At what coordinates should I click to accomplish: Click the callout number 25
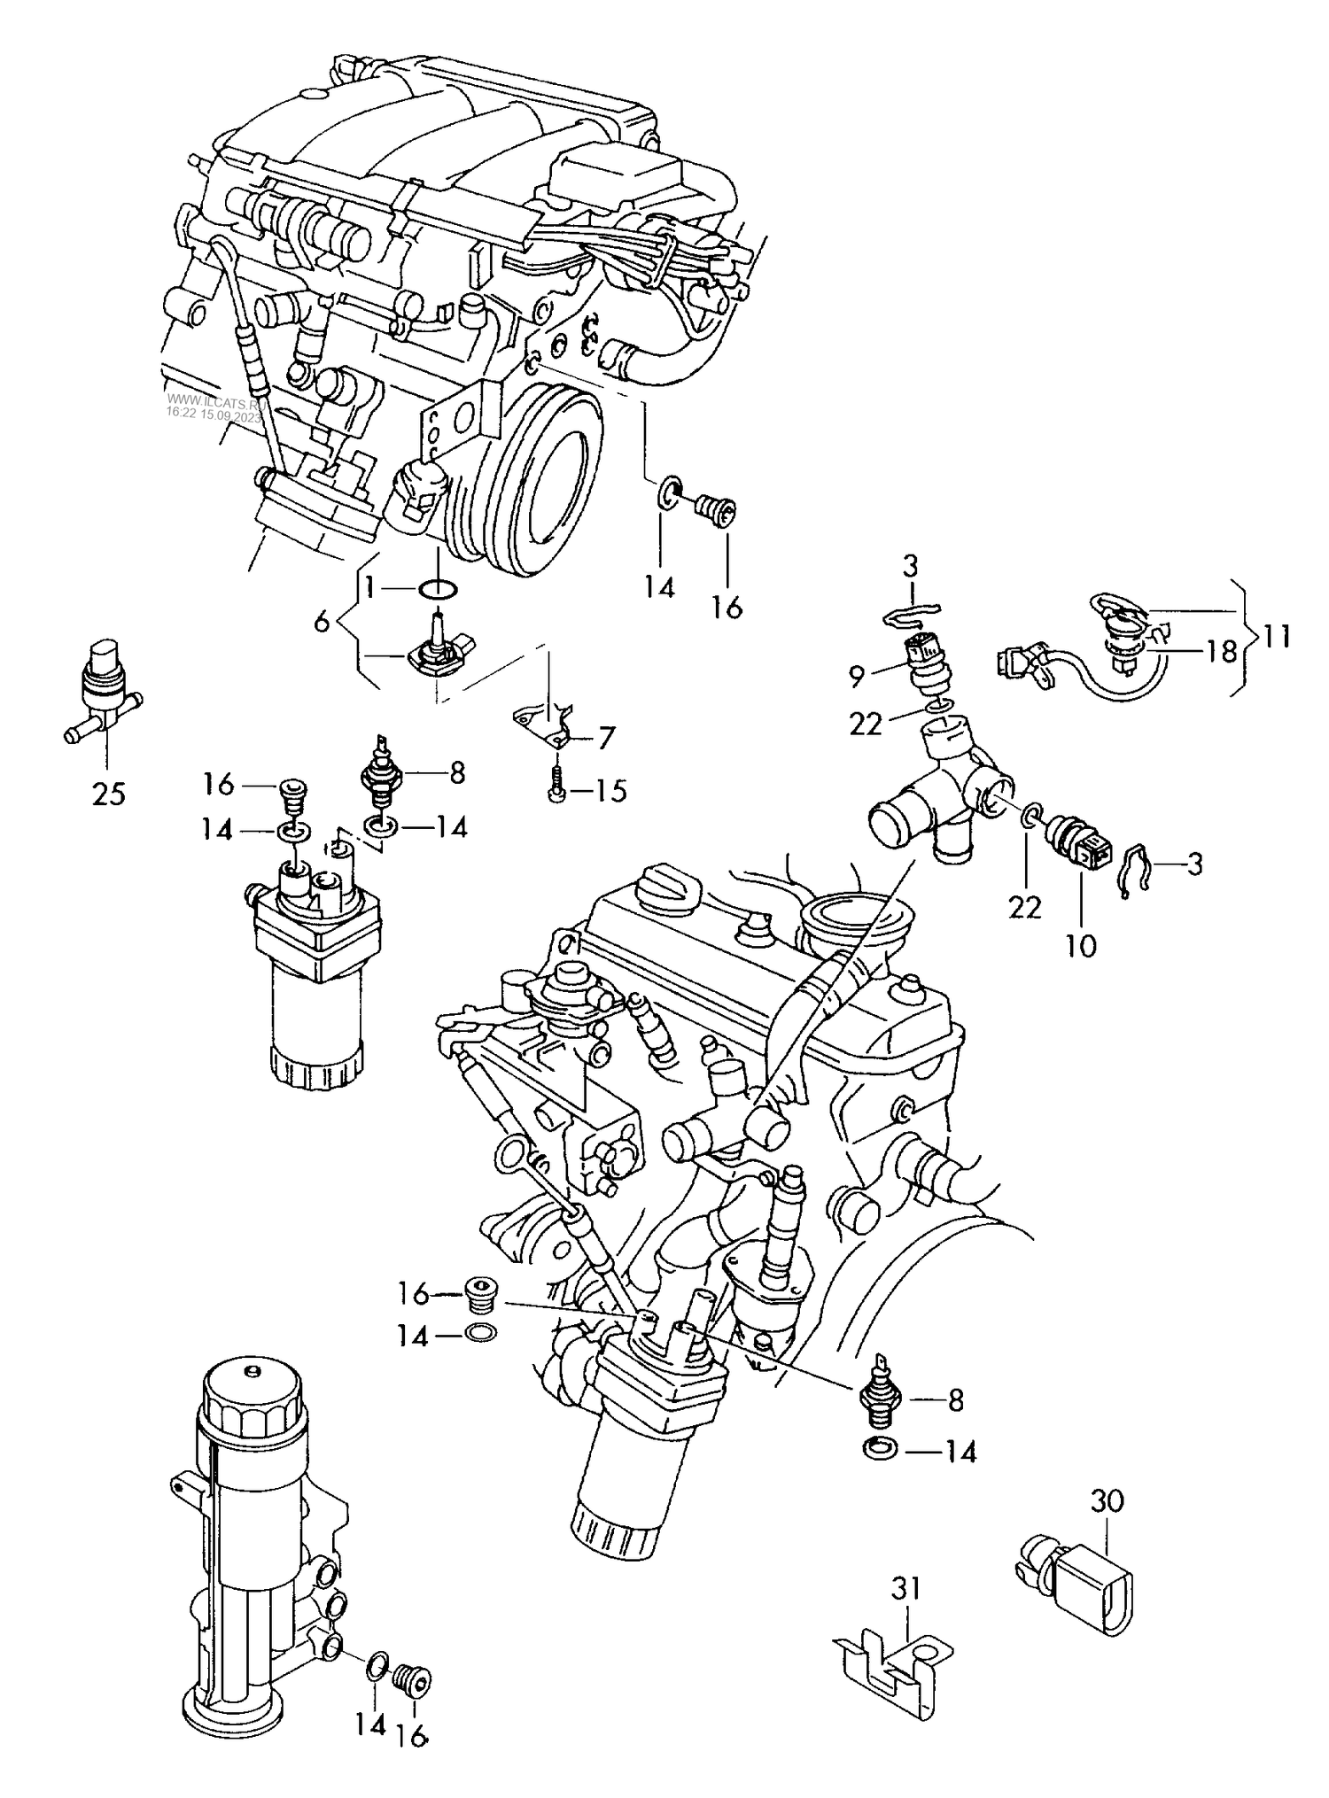click(109, 794)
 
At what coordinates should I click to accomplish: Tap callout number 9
click(856, 677)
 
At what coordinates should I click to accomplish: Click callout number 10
click(1081, 945)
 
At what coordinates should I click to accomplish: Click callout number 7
click(606, 737)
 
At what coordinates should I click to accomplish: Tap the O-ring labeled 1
click(438, 587)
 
